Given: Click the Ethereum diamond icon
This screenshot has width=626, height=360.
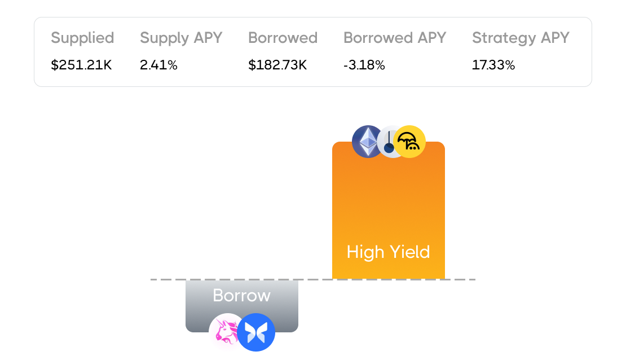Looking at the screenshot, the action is click(368, 141).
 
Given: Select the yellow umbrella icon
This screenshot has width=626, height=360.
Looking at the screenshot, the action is click(410, 141).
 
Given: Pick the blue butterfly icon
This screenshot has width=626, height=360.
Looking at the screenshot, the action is click(256, 332).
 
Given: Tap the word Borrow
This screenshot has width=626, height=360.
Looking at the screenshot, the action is click(241, 296).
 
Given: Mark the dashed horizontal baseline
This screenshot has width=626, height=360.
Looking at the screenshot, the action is click(313, 279).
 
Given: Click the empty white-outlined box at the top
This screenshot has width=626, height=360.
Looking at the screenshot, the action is click(312, 52).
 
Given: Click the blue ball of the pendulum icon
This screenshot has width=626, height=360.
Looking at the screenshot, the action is click(389, 149).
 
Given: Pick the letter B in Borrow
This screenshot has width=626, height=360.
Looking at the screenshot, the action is click(218, 296).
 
